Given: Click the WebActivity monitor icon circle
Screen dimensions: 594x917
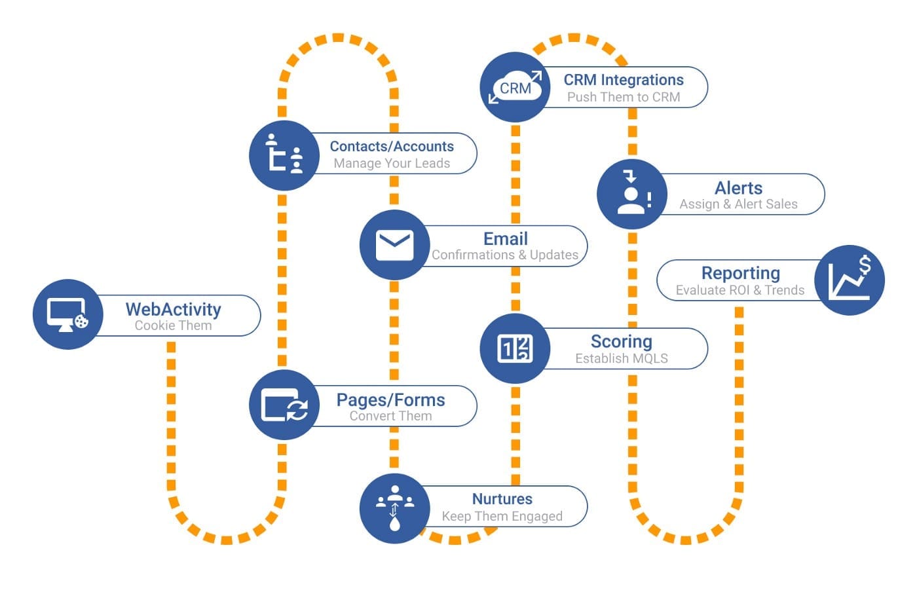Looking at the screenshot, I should [x=67, y=314].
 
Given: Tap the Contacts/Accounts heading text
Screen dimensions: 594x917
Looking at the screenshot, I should [x=392, y=147].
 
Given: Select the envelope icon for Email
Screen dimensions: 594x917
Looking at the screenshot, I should [x=394, y=245].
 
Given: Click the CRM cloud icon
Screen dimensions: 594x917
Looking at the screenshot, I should [x=515, y=87].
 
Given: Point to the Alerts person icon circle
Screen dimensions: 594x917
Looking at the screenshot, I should [x=631, y=194].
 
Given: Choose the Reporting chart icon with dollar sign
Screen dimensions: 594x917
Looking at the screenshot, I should [x=849, y=280].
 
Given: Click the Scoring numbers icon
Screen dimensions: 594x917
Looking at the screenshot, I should [x=515, y=348].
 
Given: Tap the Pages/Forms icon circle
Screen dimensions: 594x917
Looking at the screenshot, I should [x=284, y=405].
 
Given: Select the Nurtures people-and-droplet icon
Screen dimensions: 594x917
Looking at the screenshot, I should [x=394, y=508].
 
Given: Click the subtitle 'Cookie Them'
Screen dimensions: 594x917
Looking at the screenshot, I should [x=173, y=325].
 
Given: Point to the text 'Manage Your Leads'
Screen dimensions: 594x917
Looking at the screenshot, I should [x=392, y=164].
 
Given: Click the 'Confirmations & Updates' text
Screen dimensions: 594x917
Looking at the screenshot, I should [x=505, y=255].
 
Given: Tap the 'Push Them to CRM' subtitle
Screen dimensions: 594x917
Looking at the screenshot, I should [x=624, y=97].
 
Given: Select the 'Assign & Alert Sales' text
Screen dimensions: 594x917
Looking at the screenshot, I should [x=738, y=204].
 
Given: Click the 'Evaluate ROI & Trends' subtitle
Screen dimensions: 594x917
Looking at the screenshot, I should [x=739, y=290].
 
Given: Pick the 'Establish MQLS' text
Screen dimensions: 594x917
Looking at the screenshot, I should [x=622, y=358].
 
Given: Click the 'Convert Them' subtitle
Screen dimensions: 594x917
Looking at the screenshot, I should [x=390, y=416].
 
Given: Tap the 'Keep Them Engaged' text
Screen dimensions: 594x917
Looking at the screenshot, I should [x=502, y=516].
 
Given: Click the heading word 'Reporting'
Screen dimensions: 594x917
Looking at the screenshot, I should [x=740, y=273].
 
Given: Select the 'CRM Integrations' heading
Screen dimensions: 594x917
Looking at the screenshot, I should [x=624, y=80].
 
